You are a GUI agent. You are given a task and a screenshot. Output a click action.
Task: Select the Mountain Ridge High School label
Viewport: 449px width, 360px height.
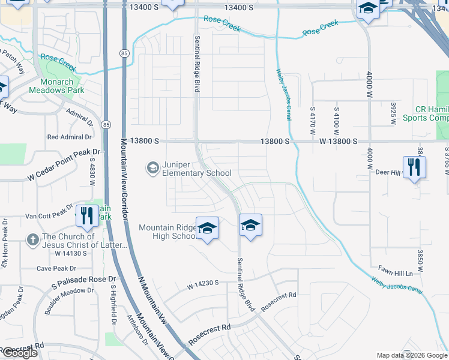[x=167, y=232]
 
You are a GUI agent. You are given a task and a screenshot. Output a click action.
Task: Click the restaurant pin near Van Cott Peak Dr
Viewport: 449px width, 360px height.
[x=87, y=216]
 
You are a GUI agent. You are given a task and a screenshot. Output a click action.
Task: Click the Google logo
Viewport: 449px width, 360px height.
[x=20, y=353]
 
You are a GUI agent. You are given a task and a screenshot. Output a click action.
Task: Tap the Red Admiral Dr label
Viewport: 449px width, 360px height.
[x=70, y=137]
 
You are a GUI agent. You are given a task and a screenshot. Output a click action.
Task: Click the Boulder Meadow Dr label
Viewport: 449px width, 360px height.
[x=69, y=299]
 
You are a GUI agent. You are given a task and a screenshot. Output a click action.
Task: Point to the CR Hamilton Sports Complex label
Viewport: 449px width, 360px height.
[x=432, y=114]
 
